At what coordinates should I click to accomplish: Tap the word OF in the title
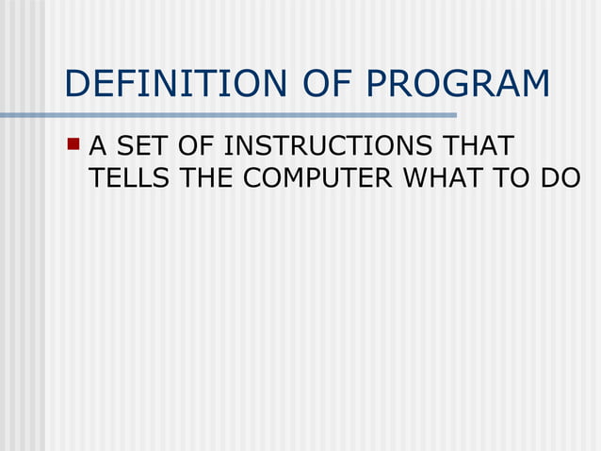point(320,85)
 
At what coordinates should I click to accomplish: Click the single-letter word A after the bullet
point(98,148)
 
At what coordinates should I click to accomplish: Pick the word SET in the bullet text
point(139,148)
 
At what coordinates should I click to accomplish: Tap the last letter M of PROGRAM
point(533,85)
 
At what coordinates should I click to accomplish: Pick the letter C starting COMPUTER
point(252,178)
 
